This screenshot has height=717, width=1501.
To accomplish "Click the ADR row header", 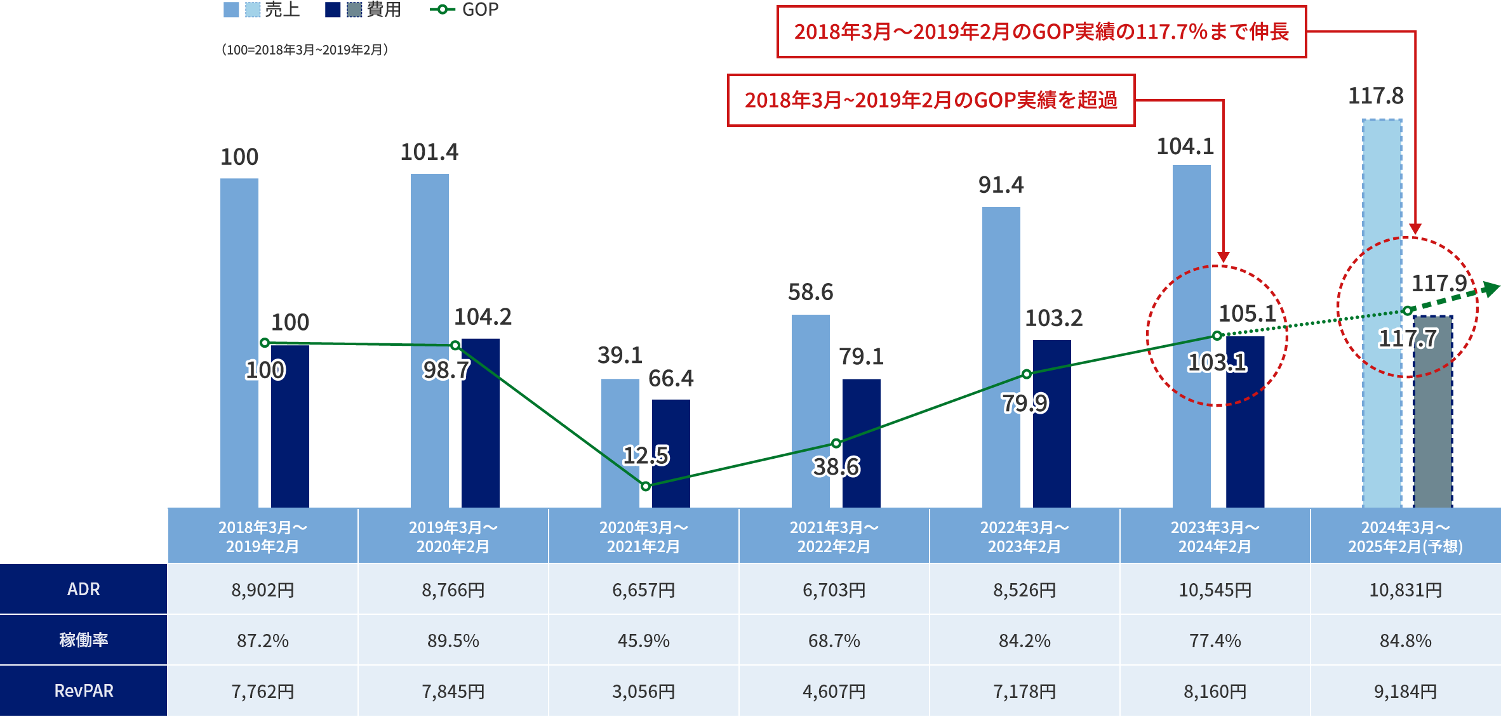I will (x=83, y=589).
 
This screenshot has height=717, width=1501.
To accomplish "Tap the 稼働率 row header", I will (x=83, y=640).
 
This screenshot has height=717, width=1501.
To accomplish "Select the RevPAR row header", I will (x=83, y=690).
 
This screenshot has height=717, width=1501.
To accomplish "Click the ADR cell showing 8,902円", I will (x=263, y=590).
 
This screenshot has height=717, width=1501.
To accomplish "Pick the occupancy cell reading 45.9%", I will (x=643, y=641).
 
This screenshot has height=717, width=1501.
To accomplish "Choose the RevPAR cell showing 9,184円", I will (x=1405, y=692).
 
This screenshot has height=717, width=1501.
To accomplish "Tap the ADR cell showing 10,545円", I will (x=1215, y=590).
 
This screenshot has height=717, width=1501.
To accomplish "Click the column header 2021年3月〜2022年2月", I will (x=834, y=537).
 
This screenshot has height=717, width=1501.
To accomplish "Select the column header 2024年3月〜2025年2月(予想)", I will (x=1405, y=537).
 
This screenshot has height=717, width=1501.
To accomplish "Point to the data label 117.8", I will (x=1375, y=96).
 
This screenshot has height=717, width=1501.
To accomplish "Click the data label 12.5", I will (x=646, y=455).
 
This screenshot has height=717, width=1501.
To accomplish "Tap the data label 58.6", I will (x=810, y=292).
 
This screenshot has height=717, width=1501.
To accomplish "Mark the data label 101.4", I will (x=429, y=152).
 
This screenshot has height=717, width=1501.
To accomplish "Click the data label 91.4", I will (x=1001, y=185).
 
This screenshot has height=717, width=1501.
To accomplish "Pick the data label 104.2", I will (x=483, y=317).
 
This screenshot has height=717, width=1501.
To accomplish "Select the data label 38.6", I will (x=836, y=467).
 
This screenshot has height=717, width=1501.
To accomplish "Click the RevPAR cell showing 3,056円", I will (x=643, y=692).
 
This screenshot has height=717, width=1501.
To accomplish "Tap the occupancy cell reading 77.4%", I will (x=1215, y=641).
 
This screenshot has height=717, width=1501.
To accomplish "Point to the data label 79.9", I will (x=1025, y=403).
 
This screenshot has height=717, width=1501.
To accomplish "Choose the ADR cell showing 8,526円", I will (x=1024, y=590).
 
